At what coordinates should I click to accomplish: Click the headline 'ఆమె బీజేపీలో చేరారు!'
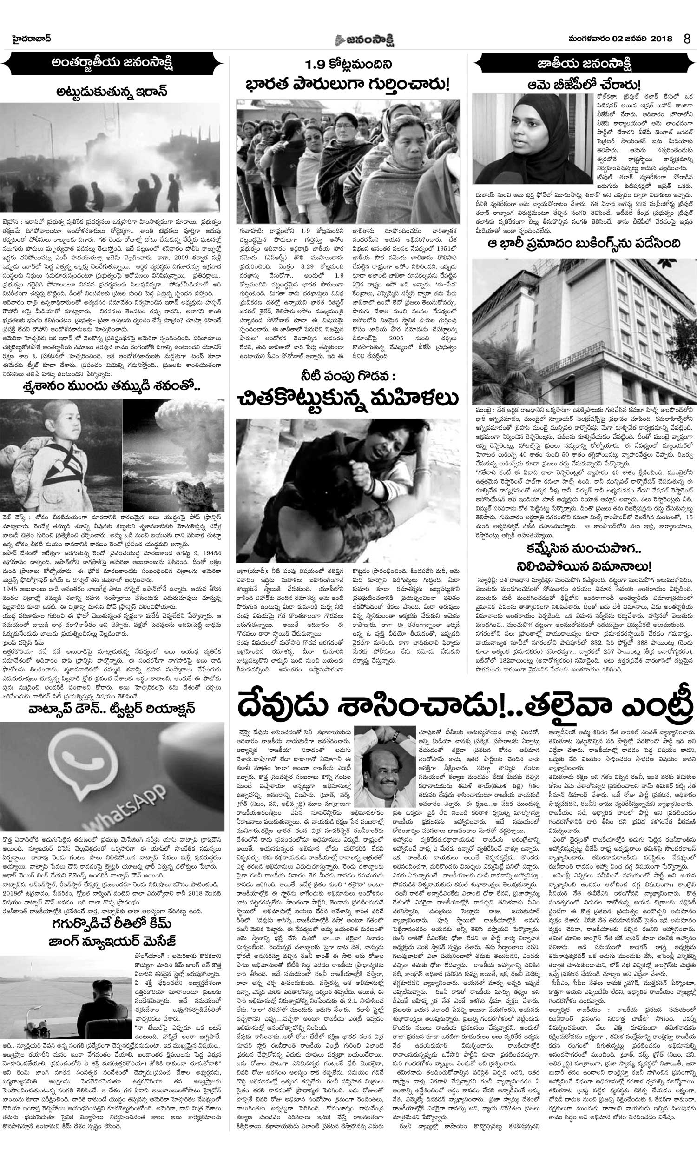(x=584, y=86)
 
